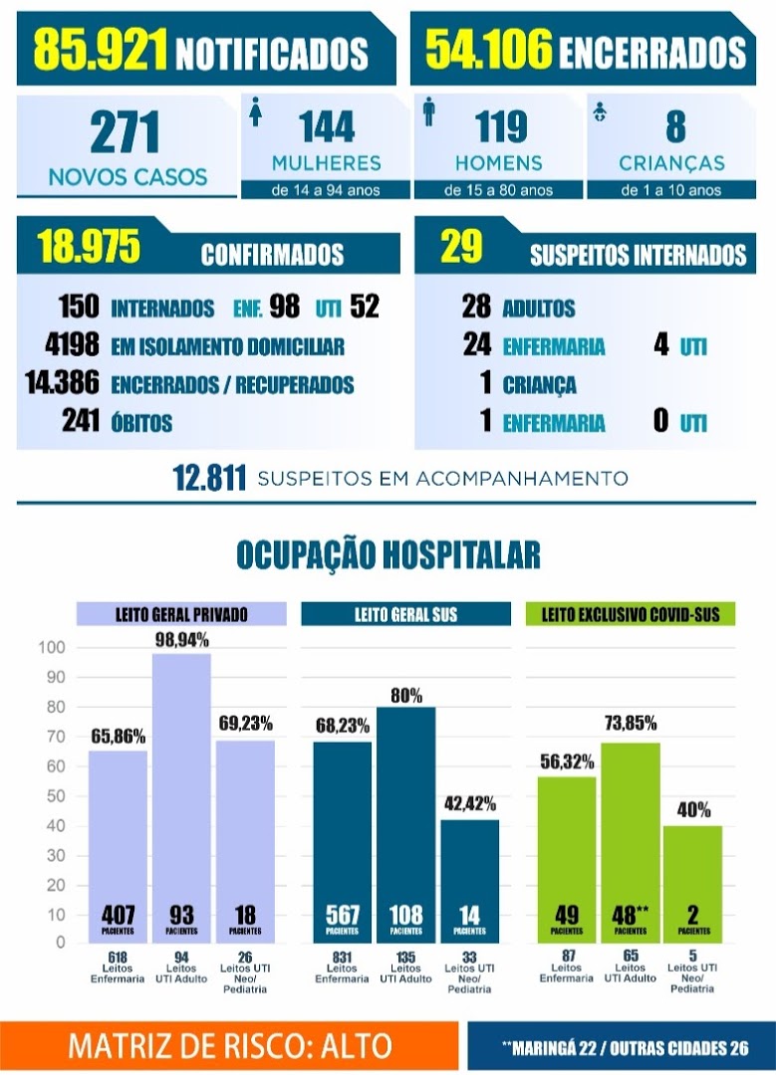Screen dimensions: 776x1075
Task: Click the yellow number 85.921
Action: pos(100,50)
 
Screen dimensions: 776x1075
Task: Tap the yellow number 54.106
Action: pos(488,49)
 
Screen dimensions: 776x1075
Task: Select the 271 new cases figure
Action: pos(125,132)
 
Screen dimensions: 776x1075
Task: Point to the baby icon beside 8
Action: pos(600,112)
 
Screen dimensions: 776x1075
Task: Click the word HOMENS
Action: pos(499,163)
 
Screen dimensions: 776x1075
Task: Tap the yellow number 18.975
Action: pos(90,246)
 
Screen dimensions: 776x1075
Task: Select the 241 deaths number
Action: pos(81,420)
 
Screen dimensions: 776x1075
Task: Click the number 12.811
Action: pos(209,478)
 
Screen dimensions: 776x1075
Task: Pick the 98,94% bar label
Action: pos(182,640)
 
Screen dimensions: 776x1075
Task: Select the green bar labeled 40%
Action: pos(693,885)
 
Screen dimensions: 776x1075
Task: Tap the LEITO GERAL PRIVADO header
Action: pos(181,614)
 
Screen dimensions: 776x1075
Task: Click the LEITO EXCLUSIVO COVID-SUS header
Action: pos(631,614)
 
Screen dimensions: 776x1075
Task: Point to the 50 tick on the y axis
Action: pos(56,796)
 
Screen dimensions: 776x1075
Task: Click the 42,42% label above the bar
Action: pos(470,803)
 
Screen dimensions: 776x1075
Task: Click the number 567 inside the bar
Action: pos(343,915)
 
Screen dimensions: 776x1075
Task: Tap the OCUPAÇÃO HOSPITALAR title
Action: pos(388,554)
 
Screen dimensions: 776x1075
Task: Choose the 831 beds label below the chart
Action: pos(342,957)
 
